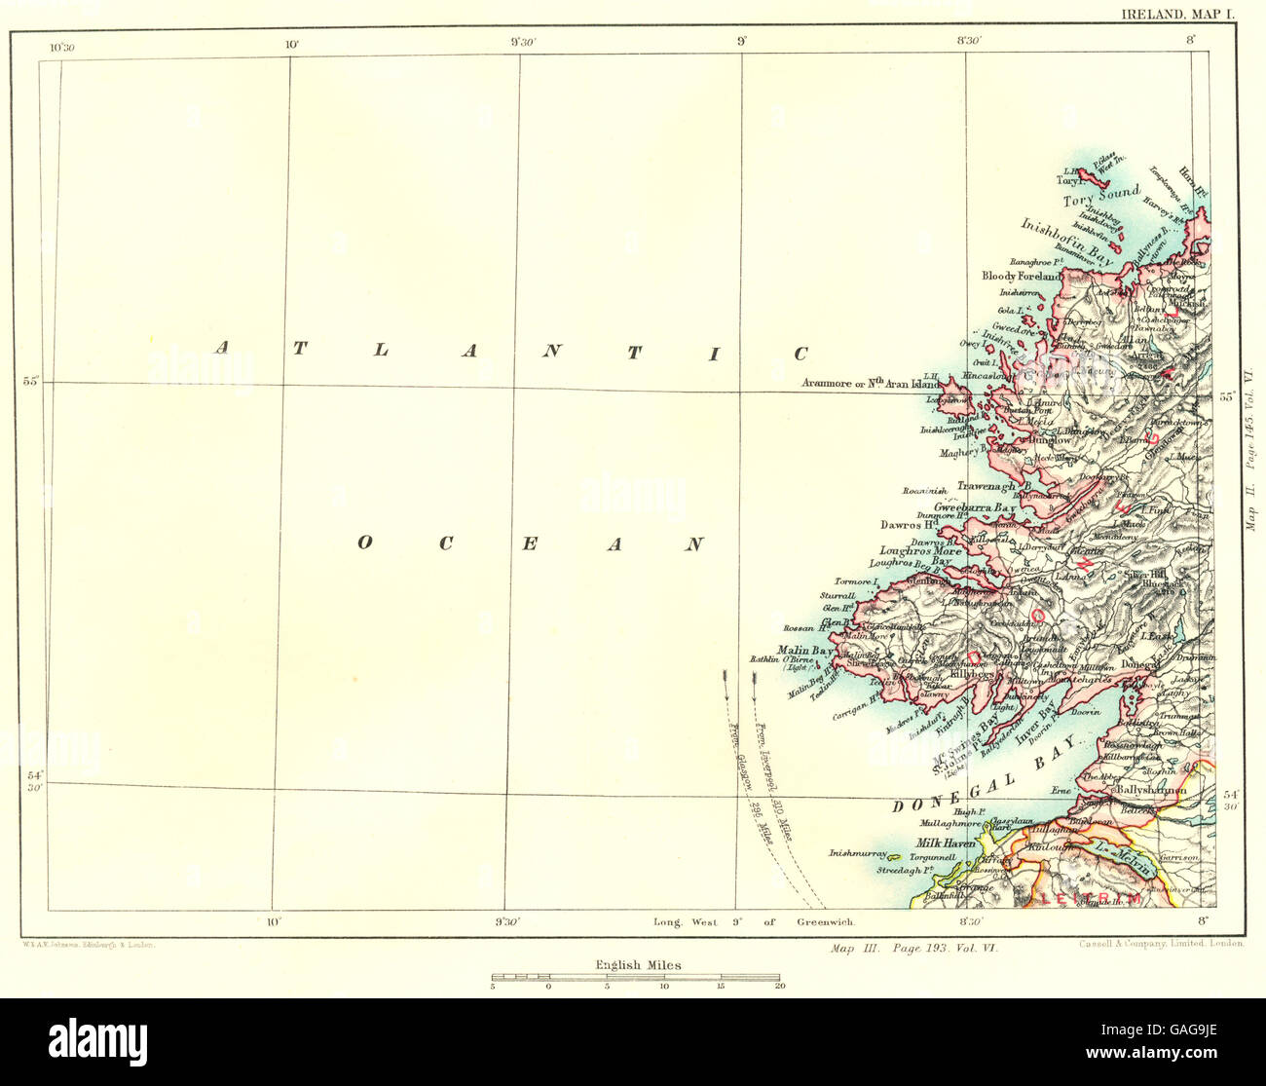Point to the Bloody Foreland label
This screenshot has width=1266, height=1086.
click(x=1022, y=277)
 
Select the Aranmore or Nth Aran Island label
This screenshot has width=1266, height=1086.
click(x=869, y=384)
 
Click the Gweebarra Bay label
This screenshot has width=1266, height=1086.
click(x=975, y=509)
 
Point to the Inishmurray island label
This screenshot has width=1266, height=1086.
click(x=858, y=853)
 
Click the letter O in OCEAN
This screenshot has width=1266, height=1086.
click(x=364, y=543)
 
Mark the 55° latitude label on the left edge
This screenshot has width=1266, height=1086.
click(x=31, y=381)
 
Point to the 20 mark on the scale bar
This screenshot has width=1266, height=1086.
click(x=779, y=986)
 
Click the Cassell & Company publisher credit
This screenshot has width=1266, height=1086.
click(x=1157, y=943)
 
